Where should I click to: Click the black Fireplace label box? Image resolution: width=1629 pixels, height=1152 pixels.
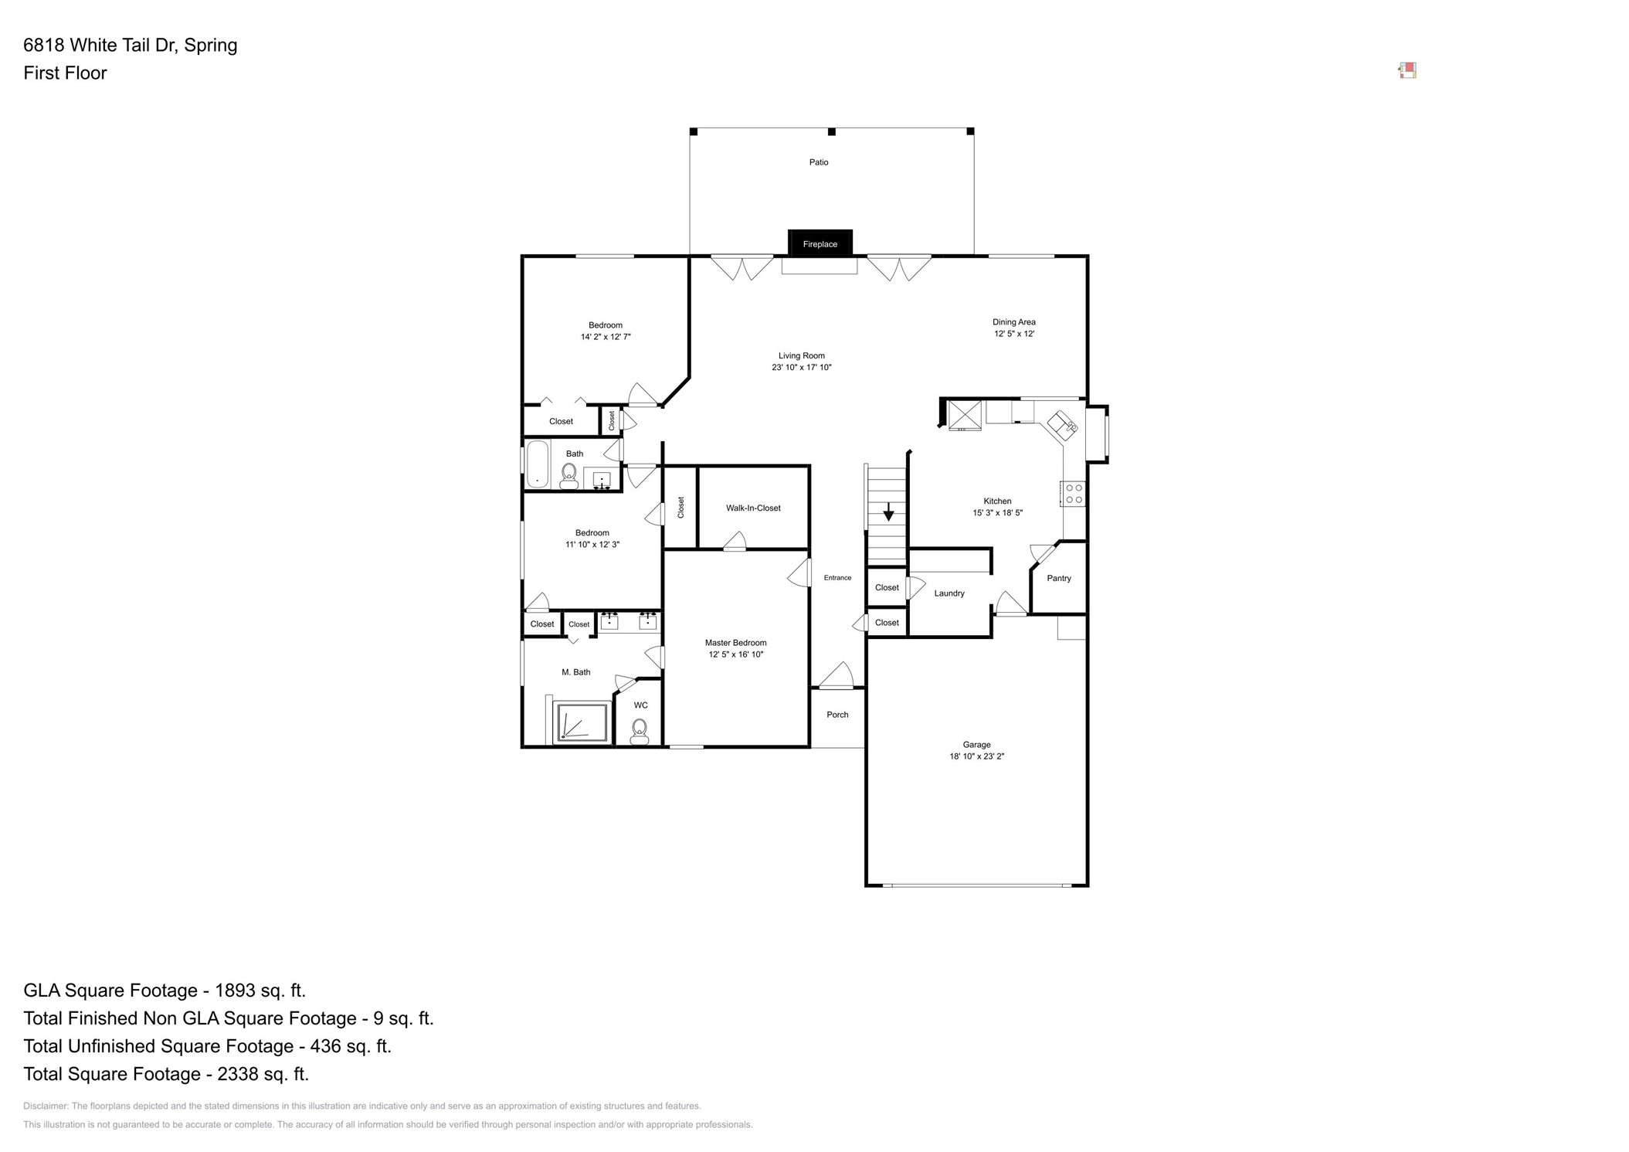820,243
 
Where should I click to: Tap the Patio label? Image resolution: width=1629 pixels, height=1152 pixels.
819,162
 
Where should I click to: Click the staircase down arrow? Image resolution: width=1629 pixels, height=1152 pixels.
888,511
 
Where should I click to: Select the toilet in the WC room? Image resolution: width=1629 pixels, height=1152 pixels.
640,730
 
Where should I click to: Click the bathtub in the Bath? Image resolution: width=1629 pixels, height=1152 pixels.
537,464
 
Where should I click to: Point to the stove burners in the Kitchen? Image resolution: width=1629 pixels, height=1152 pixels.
1074,494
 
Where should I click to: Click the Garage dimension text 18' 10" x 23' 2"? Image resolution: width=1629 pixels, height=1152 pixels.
976,756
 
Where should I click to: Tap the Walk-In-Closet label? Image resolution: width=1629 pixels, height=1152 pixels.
753,508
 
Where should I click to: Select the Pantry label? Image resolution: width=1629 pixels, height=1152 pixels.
1059,578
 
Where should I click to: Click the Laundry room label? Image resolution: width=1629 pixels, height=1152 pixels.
949,593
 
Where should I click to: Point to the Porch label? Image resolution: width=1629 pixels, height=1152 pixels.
837,715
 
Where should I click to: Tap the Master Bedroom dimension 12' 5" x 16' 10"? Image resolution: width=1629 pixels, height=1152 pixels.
735,654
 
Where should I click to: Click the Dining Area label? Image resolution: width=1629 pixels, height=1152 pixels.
1013,322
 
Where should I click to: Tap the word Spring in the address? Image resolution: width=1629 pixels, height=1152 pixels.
210,45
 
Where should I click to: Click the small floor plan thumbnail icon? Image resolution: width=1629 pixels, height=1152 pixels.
1407,71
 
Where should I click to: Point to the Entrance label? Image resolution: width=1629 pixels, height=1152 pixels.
837,578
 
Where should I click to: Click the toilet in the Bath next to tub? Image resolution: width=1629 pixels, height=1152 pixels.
569,474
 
